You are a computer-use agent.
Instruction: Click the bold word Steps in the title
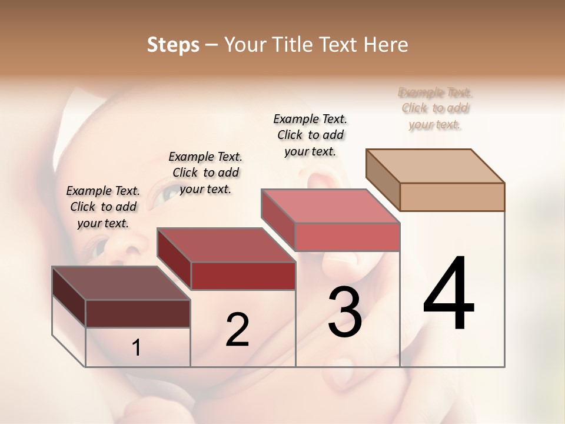[173, 45]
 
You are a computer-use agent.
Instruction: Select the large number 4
[448, 294]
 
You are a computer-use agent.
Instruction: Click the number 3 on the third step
[344, 312]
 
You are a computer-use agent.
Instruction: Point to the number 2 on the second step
[237, 330]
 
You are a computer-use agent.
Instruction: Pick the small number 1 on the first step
[137, 348]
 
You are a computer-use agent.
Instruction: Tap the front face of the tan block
[452, 197]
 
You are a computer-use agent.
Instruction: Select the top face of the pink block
[331, 206]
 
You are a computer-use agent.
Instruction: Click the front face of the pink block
[347, 237]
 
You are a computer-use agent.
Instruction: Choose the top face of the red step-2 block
[226, 245]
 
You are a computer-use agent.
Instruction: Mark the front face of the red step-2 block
[242, 276]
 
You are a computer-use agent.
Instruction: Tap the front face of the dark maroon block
[138, 313]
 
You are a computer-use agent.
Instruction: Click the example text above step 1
[103, 207]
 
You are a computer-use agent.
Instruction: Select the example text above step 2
[205, 173]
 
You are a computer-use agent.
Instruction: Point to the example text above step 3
[310, 135]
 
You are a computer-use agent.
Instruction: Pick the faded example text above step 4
[435, 108]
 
